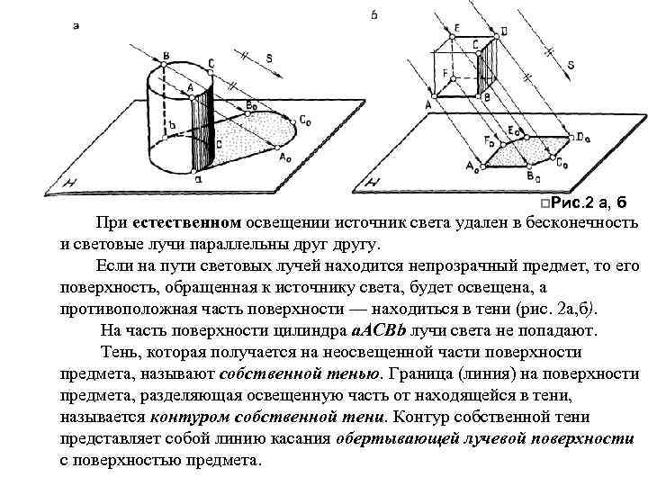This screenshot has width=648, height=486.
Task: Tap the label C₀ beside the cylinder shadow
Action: (x=307, y=120)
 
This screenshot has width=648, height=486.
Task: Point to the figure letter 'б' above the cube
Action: (x=373, y=14)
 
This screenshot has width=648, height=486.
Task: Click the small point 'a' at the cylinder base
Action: (x=198, y=177)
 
